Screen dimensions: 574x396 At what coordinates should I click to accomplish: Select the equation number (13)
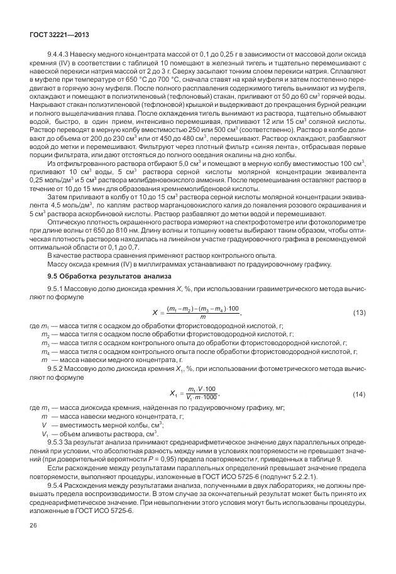(x=360, y=312)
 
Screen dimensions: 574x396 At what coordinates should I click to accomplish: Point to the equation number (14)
(x=360, y=394)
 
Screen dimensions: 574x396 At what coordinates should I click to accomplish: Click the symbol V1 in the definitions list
(x=45, y=434)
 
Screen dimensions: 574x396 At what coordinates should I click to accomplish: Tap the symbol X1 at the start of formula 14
(x=175, y=394)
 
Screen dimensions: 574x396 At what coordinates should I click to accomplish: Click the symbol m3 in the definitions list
(x=45, y=344)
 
